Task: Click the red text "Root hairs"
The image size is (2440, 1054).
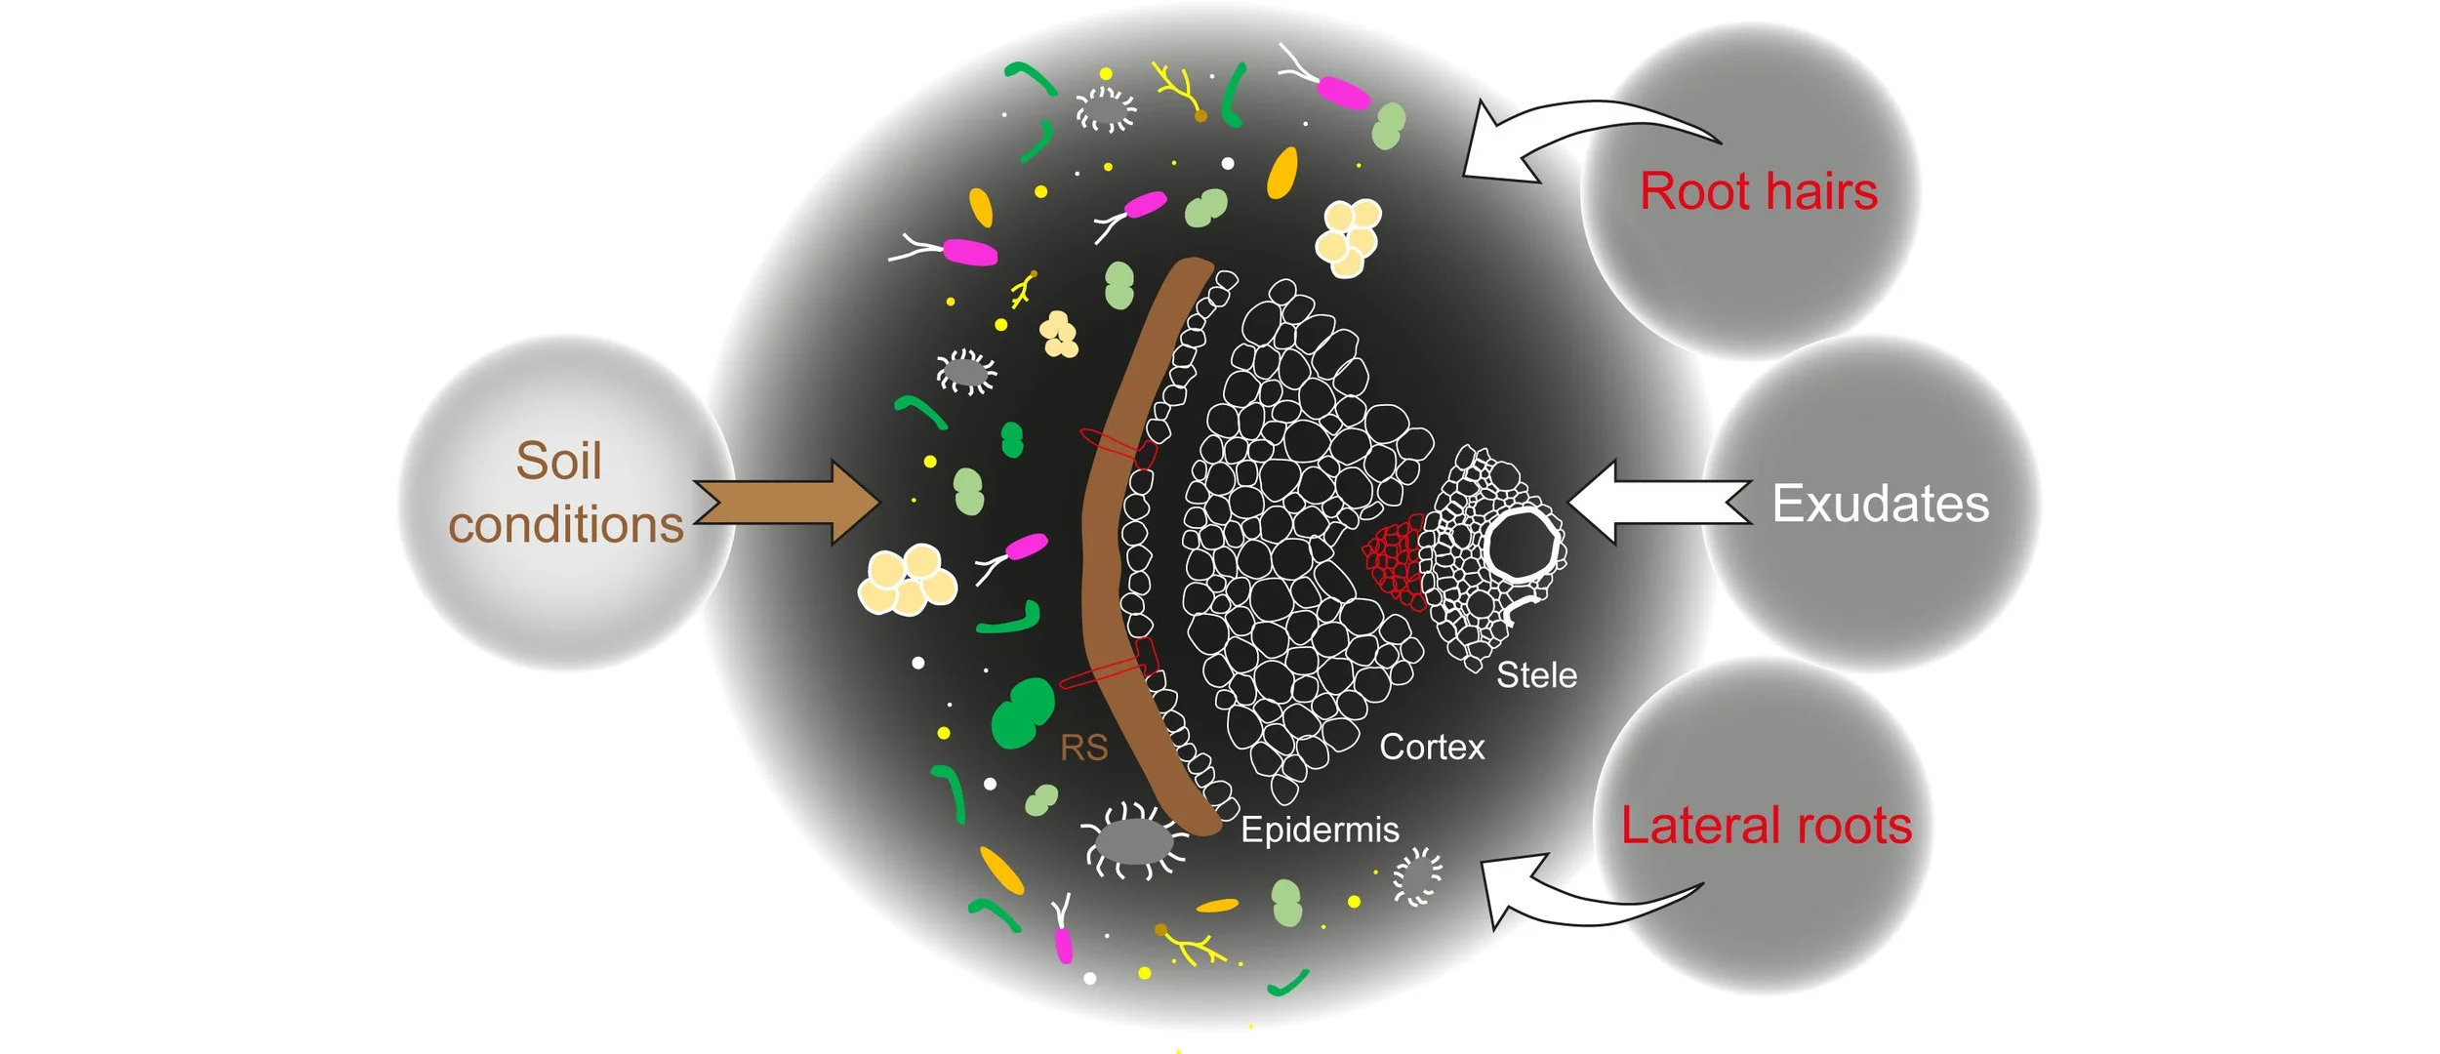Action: click(1758, 191)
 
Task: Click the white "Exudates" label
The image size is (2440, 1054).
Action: click(1880, 504)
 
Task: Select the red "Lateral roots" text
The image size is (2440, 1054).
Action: click(1766, 826)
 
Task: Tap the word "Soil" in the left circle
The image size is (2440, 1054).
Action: click(558, 461)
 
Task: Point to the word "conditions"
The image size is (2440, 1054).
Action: click(565, 525)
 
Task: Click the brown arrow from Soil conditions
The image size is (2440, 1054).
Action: click(786, 503)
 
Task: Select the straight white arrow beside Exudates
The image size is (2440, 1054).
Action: click(1659, 502)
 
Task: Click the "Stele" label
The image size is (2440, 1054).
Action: click(1536, 675)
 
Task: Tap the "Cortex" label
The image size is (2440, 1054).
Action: click(1432, 748)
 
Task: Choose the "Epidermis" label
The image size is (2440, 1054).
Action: click(1320, 831)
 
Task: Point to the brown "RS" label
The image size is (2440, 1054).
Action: click(1083, 749)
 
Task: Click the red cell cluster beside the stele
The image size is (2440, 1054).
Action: click(1394, 562)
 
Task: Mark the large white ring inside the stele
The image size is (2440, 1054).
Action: click(1522, 545)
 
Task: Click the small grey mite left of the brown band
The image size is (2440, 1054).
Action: click(966, 372)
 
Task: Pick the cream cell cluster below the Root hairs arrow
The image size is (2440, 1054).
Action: click(1348, 236)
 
